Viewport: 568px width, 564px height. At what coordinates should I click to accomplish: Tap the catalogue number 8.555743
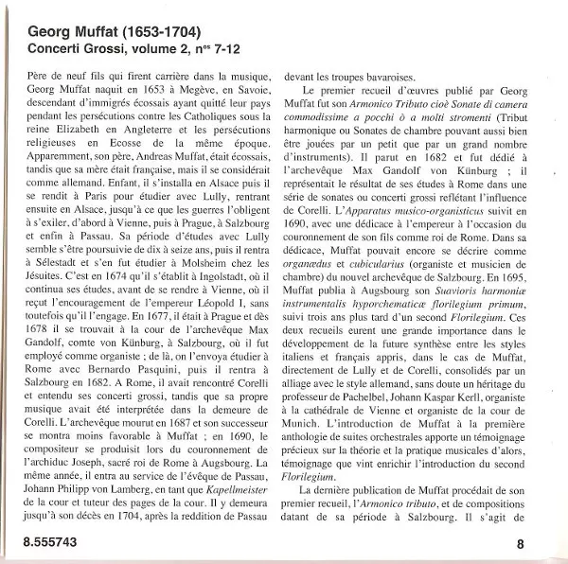(x=42, y=542)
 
